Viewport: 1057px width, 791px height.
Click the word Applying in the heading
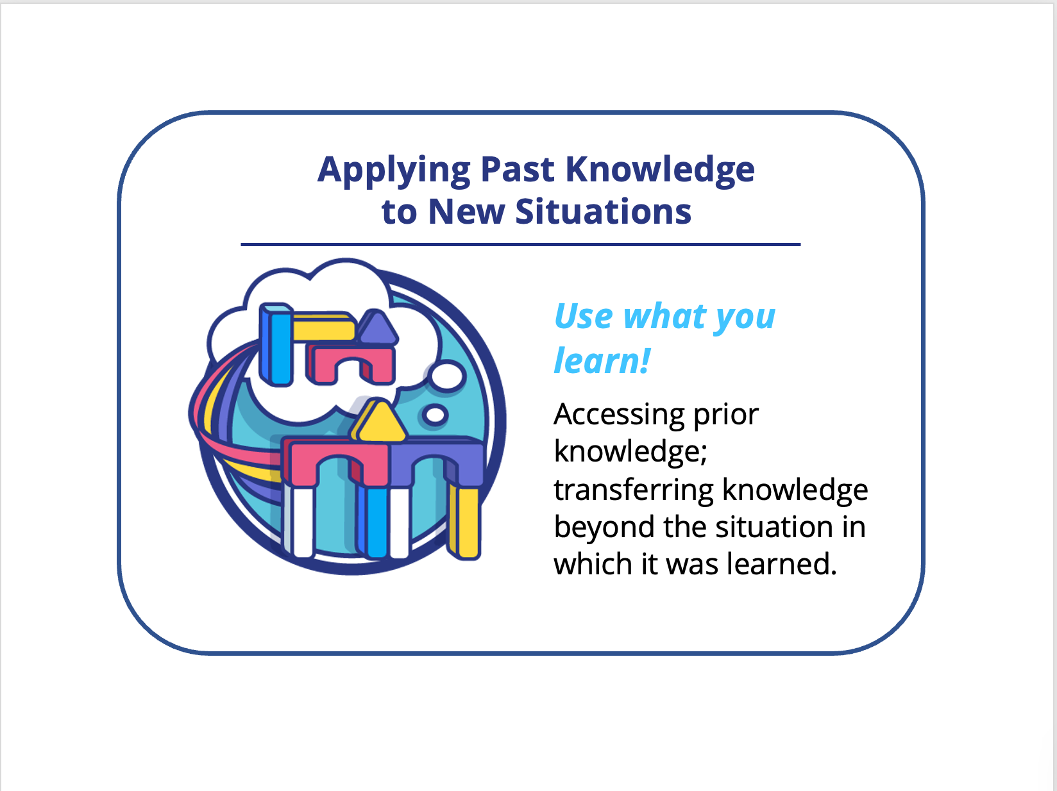[394, 171]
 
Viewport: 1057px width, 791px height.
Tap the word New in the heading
[466, 212]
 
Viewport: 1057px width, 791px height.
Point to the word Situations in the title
[603, 212]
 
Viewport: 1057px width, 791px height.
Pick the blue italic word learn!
[602, 360]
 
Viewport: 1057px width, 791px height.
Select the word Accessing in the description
[619, 415]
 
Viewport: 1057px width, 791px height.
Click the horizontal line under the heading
[521, 244]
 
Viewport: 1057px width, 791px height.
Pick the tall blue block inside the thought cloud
[276, 345]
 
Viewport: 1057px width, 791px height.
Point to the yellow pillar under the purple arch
[465, 522]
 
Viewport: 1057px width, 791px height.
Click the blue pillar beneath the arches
[373, 522]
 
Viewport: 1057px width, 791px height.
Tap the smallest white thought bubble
[435, 415]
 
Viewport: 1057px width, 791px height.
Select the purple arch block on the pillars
[435, 462]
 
